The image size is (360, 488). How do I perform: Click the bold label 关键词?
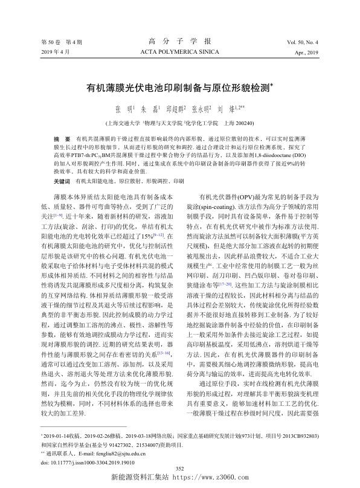point(63,181)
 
